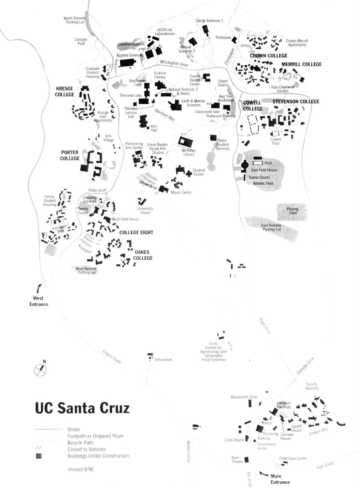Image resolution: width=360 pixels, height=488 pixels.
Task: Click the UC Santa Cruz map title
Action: coord(82,408)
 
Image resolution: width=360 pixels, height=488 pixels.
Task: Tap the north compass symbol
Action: coord(40,370)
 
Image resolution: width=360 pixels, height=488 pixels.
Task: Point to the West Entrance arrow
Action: coord(39,289)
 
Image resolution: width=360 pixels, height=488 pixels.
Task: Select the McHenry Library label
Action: coord(189,152)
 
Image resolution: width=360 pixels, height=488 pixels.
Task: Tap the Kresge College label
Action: coord(64,92)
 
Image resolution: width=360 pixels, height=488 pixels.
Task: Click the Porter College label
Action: coord(70,155)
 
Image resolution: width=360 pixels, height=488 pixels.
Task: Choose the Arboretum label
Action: coord(163,360)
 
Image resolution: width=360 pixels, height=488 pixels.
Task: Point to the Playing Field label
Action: coord(293,211)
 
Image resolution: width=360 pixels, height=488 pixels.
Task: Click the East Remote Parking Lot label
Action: coord(271,227)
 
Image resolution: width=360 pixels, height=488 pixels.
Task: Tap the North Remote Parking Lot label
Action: coord(75,20)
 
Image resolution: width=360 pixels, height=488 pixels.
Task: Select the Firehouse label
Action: coord(223,37)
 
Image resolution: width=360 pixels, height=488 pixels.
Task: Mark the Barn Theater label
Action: coord(237,460)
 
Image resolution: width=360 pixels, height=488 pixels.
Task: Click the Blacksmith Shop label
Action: coord(244,397)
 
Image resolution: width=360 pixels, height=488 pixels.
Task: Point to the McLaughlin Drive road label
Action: coord(174,63)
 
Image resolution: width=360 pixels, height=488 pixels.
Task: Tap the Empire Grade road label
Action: coord(112,357)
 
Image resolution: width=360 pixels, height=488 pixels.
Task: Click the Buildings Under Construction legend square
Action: coord(39,456)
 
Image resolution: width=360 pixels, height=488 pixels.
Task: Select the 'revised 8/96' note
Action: coord(80,469)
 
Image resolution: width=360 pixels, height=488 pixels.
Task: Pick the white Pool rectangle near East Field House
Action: coord(258,163)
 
